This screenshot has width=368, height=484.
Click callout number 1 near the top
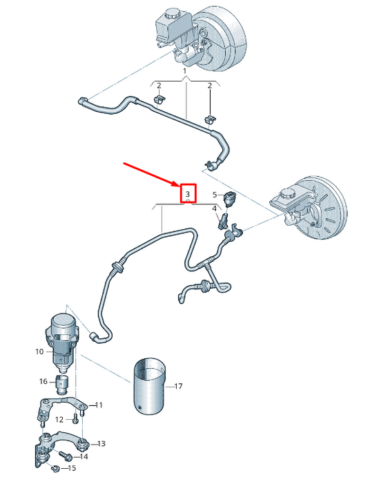[x=185, y=71]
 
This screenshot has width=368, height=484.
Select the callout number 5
[x=215, y=195]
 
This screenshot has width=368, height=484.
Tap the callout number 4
[x=214, y=209]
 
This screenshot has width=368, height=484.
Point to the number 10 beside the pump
[x=40, y=351]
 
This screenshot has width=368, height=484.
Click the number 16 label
[x=43, y=381]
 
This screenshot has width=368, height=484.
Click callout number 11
[x=98, y=405]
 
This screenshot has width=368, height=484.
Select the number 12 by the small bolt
[x=59, y=419]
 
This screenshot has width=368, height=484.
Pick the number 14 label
[x=84, y=456]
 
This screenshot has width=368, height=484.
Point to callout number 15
[x=72, y=469]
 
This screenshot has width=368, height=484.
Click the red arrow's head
[x=177, y=184]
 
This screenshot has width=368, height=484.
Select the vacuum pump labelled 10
[x=64, y=336]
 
